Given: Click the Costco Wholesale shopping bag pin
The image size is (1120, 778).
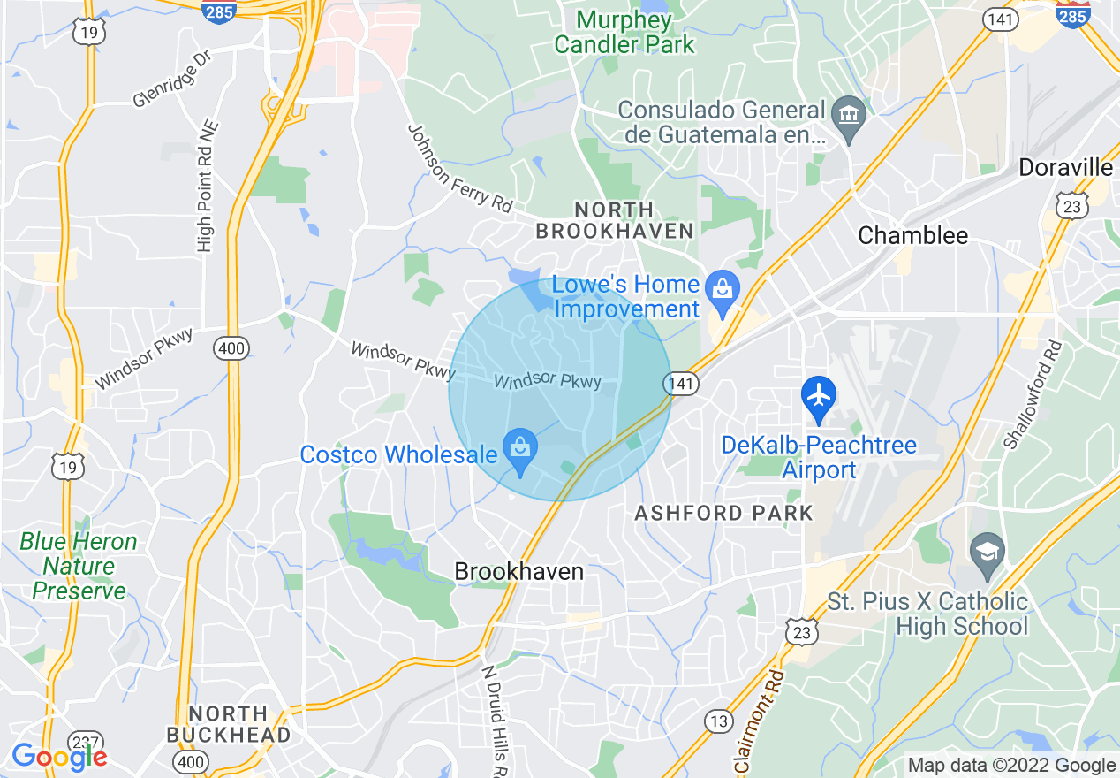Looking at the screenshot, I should (x=520, y=449).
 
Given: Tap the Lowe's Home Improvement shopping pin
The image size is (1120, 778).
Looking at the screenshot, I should (x=723, y=292).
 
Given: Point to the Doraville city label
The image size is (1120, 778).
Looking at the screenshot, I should (x=1065, y=167).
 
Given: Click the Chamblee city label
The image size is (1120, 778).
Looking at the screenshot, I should (x=912, y=235).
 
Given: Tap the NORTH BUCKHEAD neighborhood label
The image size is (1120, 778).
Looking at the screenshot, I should (x=229, y=724).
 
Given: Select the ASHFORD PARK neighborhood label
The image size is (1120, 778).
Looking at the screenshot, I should (x=723, y=513).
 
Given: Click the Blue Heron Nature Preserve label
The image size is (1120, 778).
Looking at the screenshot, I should (x=79, y=566).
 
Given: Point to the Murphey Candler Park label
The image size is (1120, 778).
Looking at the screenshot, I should (x=624, y=31).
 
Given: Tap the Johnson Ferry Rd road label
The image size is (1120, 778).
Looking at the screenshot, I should (x=459, y=168).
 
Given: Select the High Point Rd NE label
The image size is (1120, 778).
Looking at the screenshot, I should (x=207, y=187).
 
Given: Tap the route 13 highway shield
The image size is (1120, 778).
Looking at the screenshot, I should (x=718, y=721).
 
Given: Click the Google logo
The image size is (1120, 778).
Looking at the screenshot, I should (x=58, y=757).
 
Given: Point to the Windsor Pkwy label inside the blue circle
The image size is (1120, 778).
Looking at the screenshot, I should (x=548, y=381).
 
